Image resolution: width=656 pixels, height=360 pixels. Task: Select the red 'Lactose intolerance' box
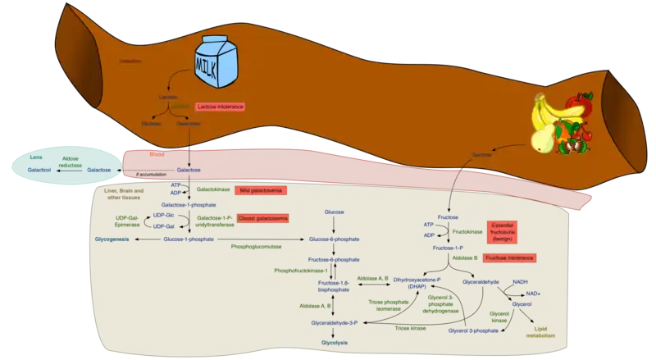221,107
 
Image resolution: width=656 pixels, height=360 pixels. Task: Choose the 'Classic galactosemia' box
262,219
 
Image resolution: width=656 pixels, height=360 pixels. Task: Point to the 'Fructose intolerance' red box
510,257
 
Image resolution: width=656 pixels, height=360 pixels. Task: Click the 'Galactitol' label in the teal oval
39,170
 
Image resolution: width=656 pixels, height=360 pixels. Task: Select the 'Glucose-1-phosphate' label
189,239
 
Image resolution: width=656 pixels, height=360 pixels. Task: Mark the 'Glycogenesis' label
112,239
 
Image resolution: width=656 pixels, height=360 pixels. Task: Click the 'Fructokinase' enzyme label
460,232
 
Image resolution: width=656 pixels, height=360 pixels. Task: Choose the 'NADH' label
520,283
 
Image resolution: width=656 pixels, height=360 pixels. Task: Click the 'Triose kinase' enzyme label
410,327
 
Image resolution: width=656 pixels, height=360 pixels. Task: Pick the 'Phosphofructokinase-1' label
302,271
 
